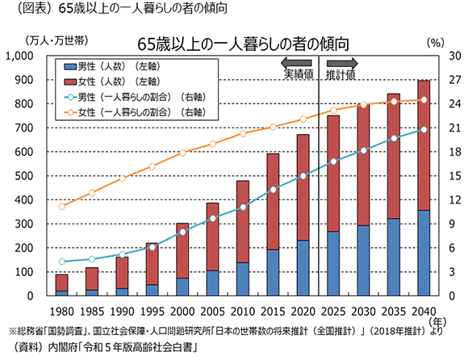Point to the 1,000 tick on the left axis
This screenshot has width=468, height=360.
pos(31,56)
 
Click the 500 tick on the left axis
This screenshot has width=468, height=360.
pos(36,176)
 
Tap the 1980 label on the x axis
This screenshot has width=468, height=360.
pos(61,312)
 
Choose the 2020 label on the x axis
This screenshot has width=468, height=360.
pos(303,312)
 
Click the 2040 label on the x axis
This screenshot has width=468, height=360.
pos(423,312)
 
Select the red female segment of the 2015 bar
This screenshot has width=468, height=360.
pos(273,202)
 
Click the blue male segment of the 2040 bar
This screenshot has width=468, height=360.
pos(423,253)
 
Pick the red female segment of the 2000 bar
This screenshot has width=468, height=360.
pos(182,250)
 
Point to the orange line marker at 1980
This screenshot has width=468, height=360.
pos(61,207)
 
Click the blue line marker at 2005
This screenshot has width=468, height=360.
pos(212,219)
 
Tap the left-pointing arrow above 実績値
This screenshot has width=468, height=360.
pos(296,62)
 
